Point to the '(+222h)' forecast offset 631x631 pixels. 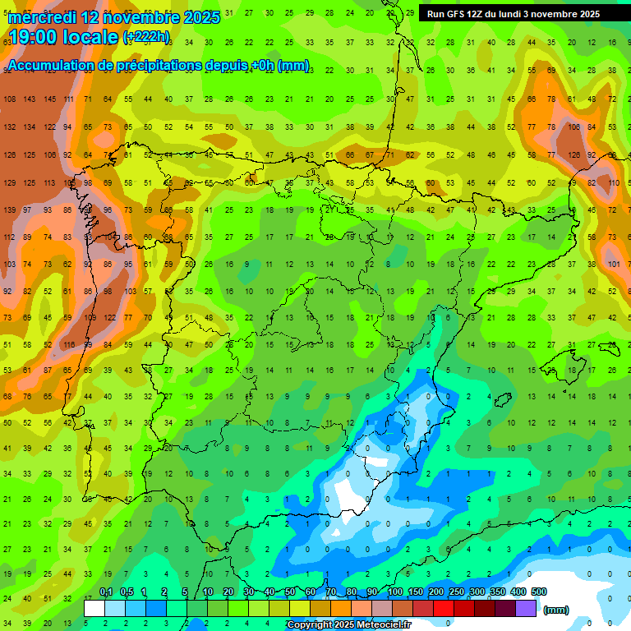[146, 37]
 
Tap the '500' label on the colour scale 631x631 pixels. [538, 592]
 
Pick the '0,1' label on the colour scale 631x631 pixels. [105, 592]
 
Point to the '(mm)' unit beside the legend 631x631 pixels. [556, 610]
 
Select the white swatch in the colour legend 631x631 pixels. [94, 609]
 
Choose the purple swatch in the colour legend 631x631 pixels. [527, 609]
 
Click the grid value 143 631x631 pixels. [30, 99]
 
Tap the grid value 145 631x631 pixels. [50, 99]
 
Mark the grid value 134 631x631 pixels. [30, 127]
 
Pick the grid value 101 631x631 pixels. [615, 264]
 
